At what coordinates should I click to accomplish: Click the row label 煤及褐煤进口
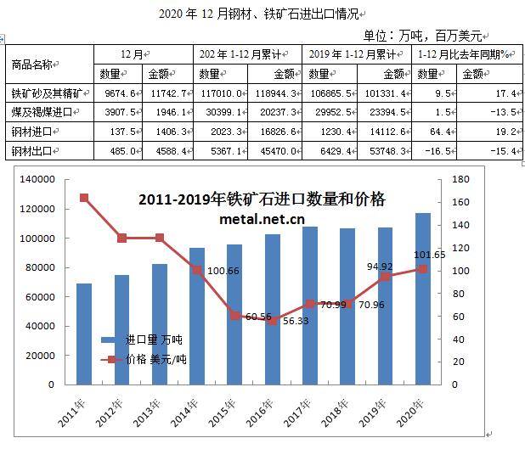click(x=42, y=112)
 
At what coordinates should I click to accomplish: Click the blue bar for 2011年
click(x=83, y=331)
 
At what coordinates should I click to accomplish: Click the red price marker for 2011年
click(x=84, y=198)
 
